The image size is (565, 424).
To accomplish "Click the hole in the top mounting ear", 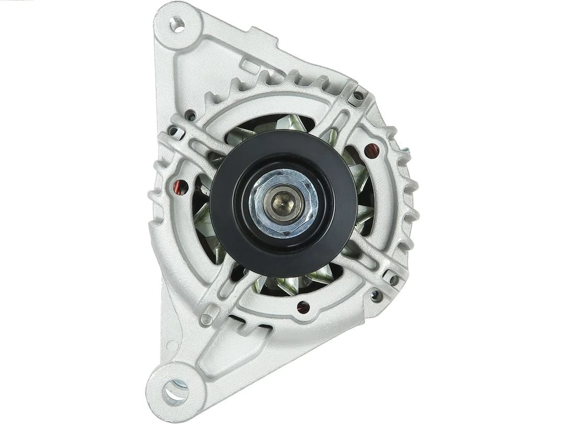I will click(178, 25).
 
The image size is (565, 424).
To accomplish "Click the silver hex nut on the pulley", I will click(283, 199).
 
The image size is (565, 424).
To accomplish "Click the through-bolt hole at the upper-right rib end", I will click(358, 96).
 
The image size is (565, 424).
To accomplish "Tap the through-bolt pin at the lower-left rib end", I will click(207, 317).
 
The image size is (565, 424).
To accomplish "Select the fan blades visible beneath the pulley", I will click(293, 283).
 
